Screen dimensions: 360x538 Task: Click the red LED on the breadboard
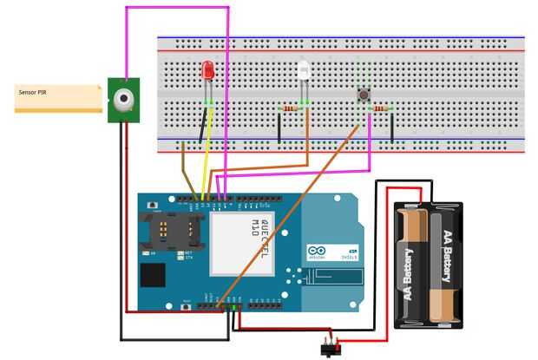(x=207, y=70)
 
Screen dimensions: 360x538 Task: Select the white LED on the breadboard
(x=303, y=70)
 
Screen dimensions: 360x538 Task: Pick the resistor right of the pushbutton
(x=382, y=108)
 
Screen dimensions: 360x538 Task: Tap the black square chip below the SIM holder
(x=153, y=276)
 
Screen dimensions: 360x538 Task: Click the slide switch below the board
(x=328, y=349)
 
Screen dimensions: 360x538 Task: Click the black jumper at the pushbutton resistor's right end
(x=391, y=128)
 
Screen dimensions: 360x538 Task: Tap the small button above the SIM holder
(x=154, y=206)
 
